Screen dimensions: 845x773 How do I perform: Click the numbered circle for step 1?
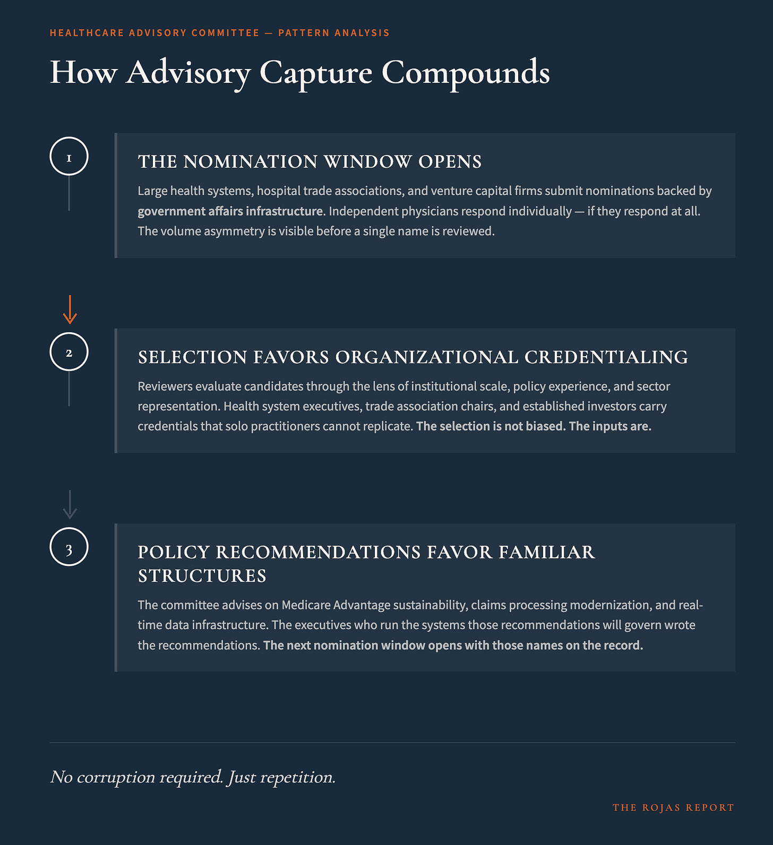[69, 157]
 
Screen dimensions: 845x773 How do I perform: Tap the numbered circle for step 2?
[69, 352]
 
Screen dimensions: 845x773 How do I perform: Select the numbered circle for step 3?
[69, 547]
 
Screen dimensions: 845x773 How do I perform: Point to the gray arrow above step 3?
[70, 504]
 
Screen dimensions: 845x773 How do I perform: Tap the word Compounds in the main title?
[466, 73]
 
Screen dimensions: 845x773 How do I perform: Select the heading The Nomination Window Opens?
[310, 162]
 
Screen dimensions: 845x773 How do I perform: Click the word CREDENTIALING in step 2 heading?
[606, 357]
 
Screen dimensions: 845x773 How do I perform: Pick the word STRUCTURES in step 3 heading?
[202, 576]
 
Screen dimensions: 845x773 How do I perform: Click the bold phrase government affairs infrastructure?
[230, 211]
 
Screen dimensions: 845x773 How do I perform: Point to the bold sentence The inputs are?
[610, 426]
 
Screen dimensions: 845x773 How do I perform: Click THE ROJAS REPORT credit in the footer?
[673, 808]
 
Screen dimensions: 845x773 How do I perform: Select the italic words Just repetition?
[281, 777]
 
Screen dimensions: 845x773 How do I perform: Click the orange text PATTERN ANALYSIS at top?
[334, 33]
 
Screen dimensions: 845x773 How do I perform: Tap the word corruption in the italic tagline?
[116, 777]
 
